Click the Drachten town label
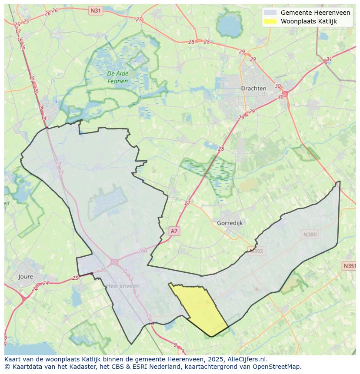point(253,88)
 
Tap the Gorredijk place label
point(230,223)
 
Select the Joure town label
point(26,276)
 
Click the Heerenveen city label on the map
point(123,285)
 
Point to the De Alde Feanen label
point(117,77)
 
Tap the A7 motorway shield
point(174,231)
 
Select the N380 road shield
point(310,235)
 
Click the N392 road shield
point(256,250)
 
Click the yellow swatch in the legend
point(270,21)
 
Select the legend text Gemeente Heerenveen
point(315,13)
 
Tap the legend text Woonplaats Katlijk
point(309,21)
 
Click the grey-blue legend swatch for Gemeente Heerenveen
point(270,13)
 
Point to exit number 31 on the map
point(329,60)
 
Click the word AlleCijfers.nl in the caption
point(248,359)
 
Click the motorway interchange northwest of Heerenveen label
point(114,262)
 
